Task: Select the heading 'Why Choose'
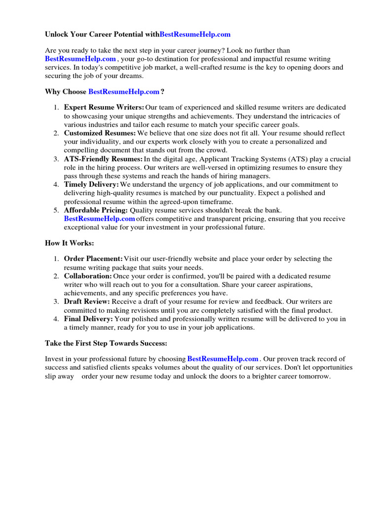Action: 66,92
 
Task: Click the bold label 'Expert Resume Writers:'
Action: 104,107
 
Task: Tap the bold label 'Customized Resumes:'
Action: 100,133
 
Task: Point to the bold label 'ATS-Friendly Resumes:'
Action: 103,159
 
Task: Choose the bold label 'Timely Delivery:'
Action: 91,184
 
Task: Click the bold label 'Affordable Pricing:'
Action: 96,210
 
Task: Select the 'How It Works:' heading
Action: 69,243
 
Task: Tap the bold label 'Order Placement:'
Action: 93,259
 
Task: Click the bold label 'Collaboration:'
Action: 88,276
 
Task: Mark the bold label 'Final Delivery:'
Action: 88,319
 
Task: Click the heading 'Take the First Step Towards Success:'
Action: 107,343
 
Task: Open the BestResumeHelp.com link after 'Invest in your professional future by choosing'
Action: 223,359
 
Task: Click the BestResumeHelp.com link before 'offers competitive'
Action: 99,218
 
